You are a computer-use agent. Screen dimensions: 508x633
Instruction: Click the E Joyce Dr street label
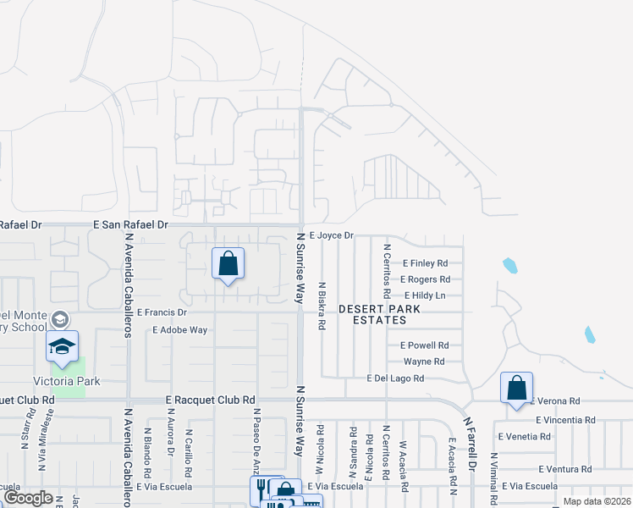tap(331, 235)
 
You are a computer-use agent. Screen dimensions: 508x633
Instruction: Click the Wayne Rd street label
tap(424, 361)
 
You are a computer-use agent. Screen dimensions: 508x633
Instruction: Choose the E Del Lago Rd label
tap(395, 378)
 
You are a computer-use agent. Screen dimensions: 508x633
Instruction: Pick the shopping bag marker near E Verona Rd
tap(516, 389)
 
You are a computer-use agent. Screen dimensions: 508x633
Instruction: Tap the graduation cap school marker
tap(63, 346)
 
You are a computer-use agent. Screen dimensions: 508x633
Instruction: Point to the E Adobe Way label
tap(180, 330)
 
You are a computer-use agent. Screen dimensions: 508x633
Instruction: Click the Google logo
tap(28, 498)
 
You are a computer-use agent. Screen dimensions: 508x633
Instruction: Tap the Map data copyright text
tap(597, 501)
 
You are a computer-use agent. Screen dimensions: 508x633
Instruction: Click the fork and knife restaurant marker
tap(261, 489)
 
